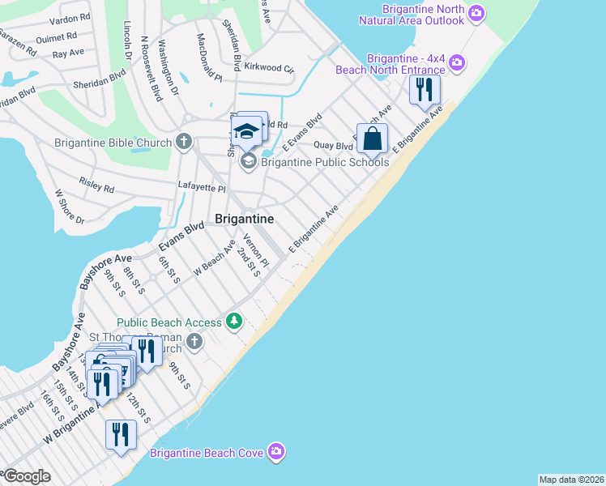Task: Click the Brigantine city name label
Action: click(244, 219)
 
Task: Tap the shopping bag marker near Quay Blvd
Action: click(372, 139)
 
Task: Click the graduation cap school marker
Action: click(246, 130)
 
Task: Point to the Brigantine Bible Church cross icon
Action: click(184, 143)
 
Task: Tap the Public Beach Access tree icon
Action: click(234, 322)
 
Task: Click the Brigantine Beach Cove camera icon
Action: click(276, 451)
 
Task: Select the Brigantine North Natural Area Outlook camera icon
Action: click(476, 12)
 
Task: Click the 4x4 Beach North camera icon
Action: click(457, 62)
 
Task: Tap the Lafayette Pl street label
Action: click(202, 187)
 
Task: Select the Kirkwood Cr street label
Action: click(269, 68)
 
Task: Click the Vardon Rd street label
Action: click(70, 17)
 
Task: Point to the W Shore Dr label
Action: click(68, 207)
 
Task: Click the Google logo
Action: click(26, 476)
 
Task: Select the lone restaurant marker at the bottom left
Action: click(121, 435)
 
